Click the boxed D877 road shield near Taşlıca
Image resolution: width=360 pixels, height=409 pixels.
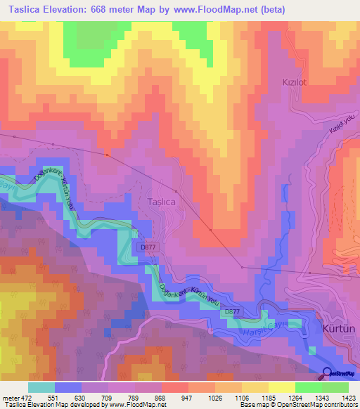(148, 247)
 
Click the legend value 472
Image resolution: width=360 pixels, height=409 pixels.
(25, 397)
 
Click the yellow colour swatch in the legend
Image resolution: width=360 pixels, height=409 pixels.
(281, 387)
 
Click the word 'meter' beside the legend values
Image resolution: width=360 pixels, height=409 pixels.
(10, 397)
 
